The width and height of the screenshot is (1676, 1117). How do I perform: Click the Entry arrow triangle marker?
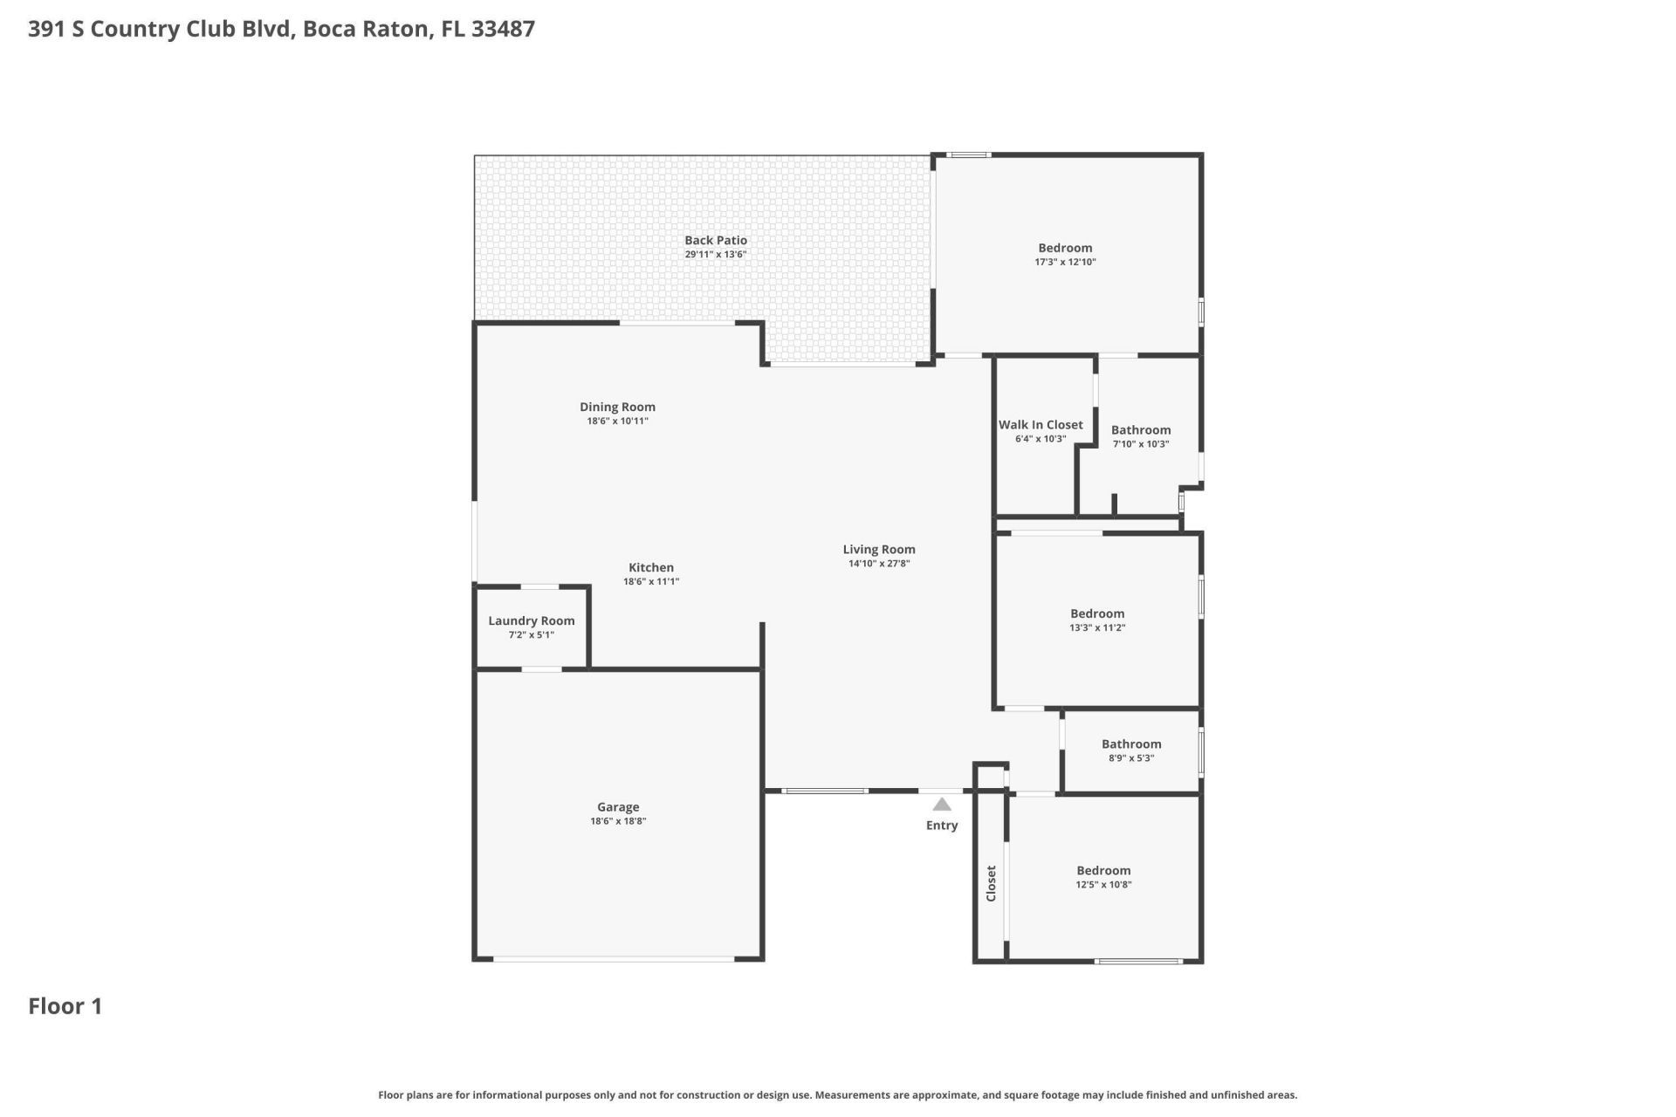pos(942,805)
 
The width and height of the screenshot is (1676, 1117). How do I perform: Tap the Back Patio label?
pos(716,240)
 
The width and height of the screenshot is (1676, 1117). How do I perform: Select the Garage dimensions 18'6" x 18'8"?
pos(618,821)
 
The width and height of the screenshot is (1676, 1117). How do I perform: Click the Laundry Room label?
pos(531,620)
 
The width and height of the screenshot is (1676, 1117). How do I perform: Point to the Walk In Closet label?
pos(1041,425)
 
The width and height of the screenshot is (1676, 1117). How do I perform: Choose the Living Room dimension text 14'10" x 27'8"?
pos(879,564)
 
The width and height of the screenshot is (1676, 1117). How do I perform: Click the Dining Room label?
pos(617,407)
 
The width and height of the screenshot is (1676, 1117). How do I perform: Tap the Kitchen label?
pos(651,567)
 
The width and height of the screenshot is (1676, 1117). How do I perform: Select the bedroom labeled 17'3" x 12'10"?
pos(1065,248)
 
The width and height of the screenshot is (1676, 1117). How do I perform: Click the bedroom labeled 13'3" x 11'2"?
pos(1097,613)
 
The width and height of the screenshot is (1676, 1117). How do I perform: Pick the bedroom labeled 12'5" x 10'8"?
pos(1103,870)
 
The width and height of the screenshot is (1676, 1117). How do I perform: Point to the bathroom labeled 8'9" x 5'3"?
pos(1131,744)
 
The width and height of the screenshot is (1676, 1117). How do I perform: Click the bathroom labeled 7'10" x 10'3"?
pos(1141,430)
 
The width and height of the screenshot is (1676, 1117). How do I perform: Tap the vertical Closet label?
pos(991,883)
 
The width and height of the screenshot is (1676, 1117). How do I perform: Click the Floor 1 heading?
pos(65,1006)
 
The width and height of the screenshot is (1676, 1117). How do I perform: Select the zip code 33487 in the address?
pos(503,29)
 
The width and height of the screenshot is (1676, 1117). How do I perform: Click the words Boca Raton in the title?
pos(367,29)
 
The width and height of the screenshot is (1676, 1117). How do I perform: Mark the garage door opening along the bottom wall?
pos(614,959)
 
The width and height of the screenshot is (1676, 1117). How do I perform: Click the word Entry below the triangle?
pos(942,826)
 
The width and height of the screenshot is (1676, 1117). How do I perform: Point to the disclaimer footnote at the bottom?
pos(837,1095)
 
